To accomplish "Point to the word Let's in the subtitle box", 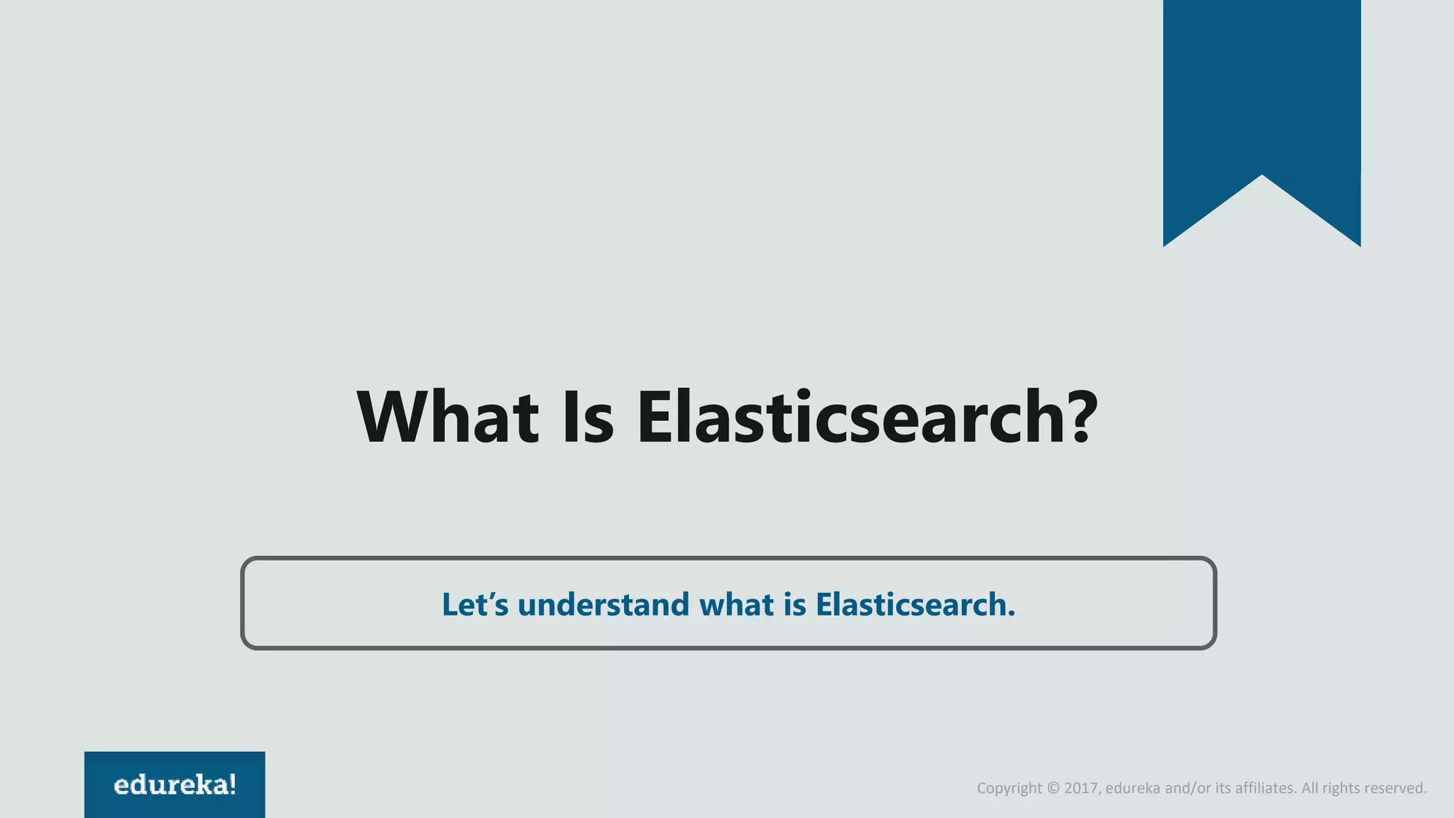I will [475, 604].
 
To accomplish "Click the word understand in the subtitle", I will [603, 604].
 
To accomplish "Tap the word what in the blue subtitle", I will [737, 604].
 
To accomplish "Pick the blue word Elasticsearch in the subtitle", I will [915, 604].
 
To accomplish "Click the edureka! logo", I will [175, 785].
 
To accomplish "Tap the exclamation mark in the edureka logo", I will [233, 785].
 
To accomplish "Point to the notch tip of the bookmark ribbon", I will [1262, 176].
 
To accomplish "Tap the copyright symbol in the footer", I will [1053, 788].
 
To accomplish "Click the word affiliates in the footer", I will [1265, 788].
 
